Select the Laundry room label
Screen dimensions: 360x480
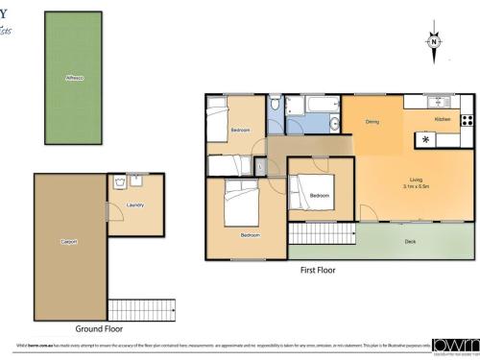[x=136, y=204]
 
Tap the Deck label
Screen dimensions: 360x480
[x=410, y=241]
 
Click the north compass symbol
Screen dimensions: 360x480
[x=434, y=43]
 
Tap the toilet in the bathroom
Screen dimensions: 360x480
[x=276, y=102]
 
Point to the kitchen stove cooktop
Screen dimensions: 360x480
[x=467, y=120]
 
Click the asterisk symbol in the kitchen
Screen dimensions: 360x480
[x=426, y=140]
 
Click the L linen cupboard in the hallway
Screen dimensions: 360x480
[x=260, y=166]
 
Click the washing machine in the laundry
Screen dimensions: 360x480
[x=118, y=180]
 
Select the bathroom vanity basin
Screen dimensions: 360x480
[x=334, y=121]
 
